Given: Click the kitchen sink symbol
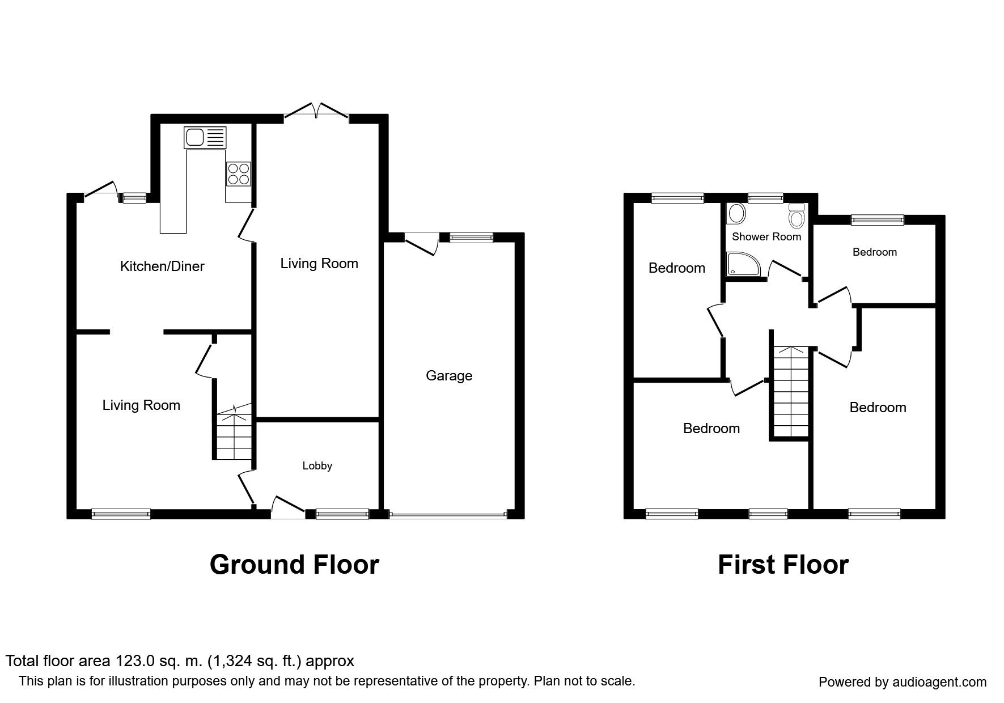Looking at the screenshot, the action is point(205,137).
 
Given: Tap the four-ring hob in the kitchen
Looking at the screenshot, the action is point(239,173).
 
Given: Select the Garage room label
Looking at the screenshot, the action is point(449,376).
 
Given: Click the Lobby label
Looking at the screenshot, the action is point(317,466).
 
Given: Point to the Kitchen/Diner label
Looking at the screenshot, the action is point(162,266).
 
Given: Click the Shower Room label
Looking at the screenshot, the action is point(766,236).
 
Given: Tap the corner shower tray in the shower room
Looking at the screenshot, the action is point(740,264).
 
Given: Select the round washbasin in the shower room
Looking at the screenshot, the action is point(737,214).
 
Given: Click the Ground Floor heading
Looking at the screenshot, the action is point(294,565).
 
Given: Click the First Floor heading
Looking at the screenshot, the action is point(783,565).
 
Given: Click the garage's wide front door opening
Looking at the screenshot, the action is point(448,515).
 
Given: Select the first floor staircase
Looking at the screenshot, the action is point(791,391).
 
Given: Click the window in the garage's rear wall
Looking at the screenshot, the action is point(471,238).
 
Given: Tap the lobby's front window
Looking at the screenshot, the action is point(342,514).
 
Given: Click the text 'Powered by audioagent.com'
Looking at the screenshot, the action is point(903,682).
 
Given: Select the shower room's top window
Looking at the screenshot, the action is point(765,198).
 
